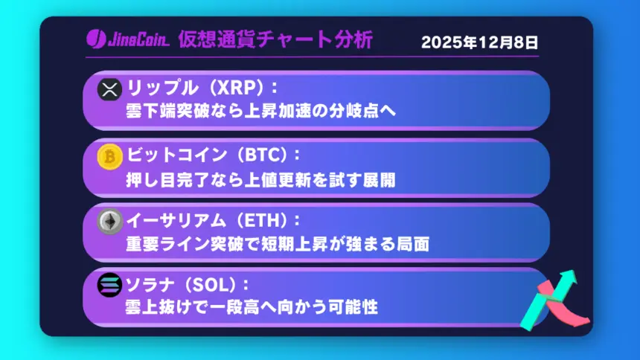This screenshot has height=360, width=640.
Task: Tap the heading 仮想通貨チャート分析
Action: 275,39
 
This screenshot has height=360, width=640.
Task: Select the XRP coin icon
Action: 110,90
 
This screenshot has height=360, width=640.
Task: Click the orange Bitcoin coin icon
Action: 110,157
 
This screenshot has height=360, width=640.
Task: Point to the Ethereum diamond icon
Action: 110,221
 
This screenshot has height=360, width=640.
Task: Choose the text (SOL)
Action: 214,284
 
